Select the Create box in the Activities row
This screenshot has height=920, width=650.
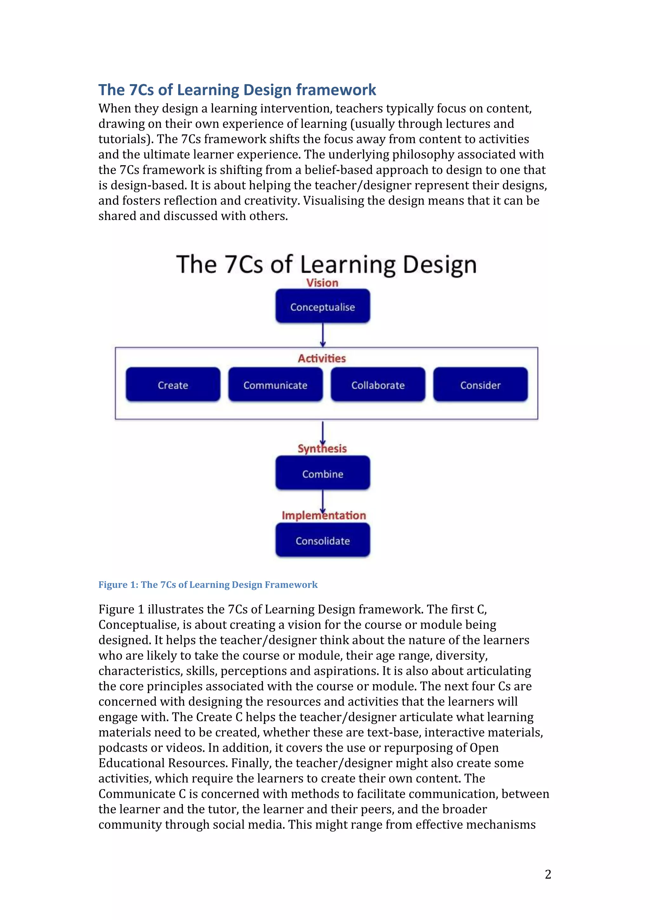[173, 385]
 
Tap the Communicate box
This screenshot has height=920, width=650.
[275, 385]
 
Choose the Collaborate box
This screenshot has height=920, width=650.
[378, 385]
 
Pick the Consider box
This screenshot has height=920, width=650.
[480, 385]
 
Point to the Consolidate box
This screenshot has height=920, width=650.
[322, 541]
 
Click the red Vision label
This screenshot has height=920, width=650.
[322, 283]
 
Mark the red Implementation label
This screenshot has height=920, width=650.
[324, 516]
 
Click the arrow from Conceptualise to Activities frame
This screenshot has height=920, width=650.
[323, 335]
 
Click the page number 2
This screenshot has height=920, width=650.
[548, 874]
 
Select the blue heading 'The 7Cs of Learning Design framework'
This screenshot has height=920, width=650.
[237, 90]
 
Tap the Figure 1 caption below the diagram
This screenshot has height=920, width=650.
[208, 585]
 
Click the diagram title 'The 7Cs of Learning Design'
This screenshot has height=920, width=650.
[326, 264]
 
